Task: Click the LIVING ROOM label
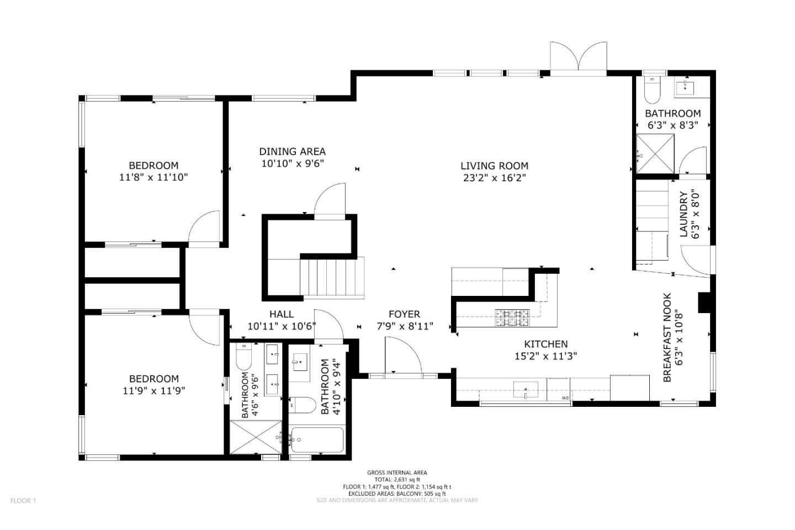(x=494, y=166)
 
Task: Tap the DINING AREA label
(x=292, y=152)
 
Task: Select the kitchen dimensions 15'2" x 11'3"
(x=546, y=356)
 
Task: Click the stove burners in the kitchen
(x=512, y=317)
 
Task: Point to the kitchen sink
(x=526, y=390)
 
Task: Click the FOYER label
(x=404, y=314)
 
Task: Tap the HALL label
(x=282, y=314)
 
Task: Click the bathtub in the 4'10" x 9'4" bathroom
(x=317, y=440)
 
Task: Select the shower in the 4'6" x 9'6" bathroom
(x=256, y=437)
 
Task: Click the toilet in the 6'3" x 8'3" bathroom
(x=651, y=89)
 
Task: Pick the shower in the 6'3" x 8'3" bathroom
(x=655, y=153)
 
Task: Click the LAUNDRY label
(x=683, y=214)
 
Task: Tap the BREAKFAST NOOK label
(x=667, y=337)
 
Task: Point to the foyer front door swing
(x=403, y=354)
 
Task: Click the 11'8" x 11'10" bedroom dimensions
(x=153, y=177)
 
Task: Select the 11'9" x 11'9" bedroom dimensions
(x=153, y=391)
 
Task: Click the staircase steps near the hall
(x=332, y=277)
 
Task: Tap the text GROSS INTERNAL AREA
(x=397, y=473)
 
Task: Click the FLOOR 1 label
(x=23, y=501)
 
